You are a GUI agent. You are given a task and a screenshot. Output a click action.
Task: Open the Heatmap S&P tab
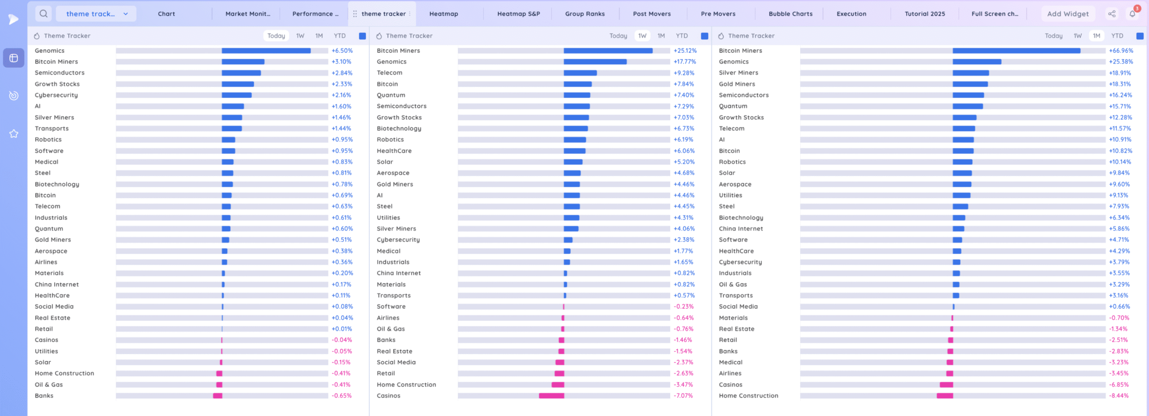coord(518,14)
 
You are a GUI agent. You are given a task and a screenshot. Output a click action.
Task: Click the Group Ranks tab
coord(585,14)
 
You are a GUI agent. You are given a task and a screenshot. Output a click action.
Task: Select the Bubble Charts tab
coord(790,14)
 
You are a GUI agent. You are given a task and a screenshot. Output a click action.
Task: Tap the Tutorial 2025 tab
coord(925,14)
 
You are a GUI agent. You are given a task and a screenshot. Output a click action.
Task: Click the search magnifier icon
coord(44,14)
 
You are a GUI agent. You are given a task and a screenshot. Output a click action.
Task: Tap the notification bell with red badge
coord(1132,14)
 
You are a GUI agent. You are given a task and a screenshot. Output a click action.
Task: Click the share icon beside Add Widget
coord(1112,14)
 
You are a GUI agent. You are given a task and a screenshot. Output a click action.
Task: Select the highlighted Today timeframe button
coord(276,36)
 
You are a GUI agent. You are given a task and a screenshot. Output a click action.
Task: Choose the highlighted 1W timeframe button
coord(642,36)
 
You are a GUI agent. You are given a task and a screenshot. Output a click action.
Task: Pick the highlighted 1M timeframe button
coord(1096,36)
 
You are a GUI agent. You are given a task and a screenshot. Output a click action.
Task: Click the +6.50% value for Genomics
coord(342,51)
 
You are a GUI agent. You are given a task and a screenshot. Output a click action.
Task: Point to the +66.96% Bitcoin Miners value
coord(1121,51)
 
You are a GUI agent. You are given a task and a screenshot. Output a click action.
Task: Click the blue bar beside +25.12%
coord(608,51)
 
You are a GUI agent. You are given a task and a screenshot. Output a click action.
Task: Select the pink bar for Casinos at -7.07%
coord(551,396)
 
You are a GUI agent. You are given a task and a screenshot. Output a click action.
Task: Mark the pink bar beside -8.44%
coord(945,396)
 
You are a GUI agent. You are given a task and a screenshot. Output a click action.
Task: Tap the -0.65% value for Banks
coord(342,396)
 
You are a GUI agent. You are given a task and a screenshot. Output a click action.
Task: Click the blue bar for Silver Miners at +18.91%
coord(970,73)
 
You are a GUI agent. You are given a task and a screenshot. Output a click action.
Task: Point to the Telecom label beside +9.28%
coord(390,73)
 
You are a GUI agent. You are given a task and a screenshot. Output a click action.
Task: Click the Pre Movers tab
coord(718,14)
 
